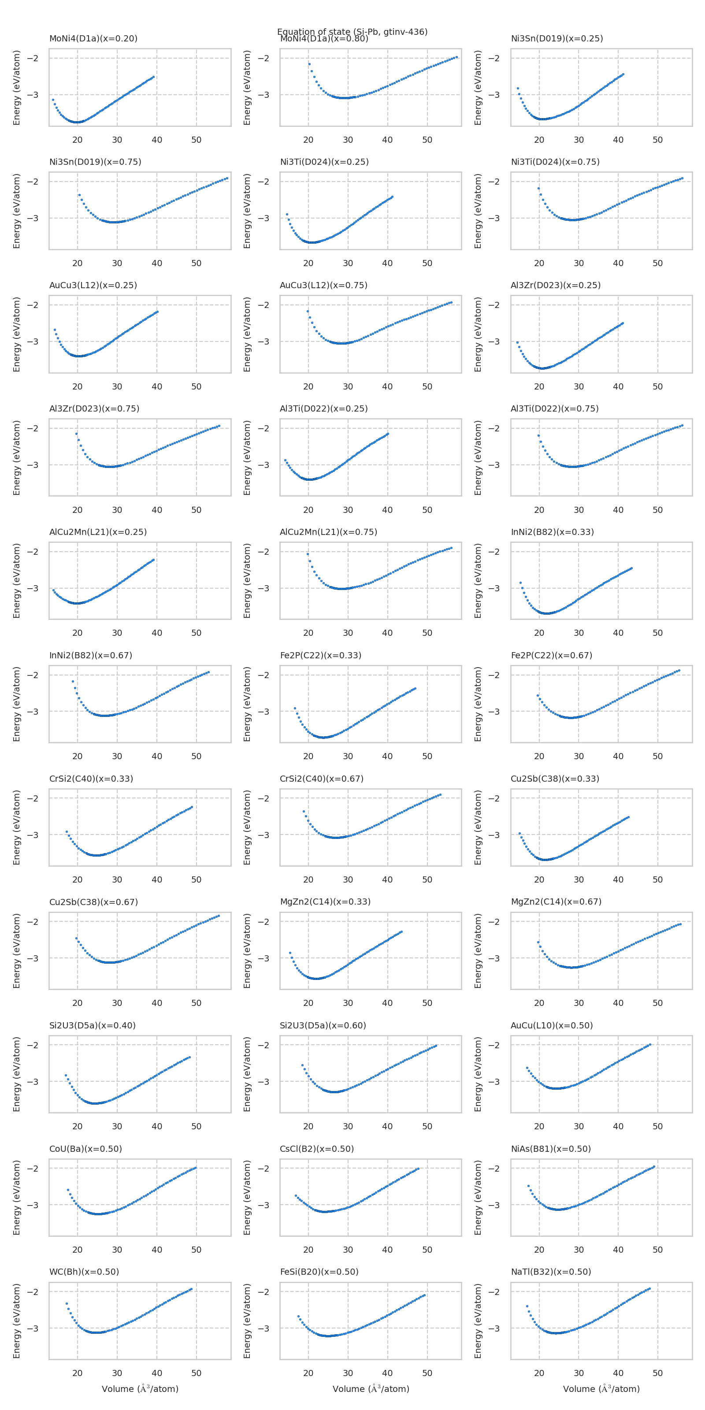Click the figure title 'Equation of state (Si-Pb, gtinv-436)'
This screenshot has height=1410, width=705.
coord(352,31)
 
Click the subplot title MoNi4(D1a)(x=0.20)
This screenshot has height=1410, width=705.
coord(93,38)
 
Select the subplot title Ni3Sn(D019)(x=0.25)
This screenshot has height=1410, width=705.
coord(557,38)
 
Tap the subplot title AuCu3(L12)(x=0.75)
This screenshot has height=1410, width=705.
coord(323,285)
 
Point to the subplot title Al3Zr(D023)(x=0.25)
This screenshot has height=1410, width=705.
coord(555,285)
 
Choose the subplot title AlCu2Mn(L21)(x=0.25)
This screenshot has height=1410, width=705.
coord(98,531)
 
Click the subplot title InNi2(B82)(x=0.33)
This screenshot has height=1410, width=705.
coord(552,531)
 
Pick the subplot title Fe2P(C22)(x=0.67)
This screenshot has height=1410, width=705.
coord(551,655)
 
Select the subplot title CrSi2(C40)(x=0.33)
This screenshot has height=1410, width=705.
coord(91,778)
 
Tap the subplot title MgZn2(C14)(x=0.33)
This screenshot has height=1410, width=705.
coord(325,902)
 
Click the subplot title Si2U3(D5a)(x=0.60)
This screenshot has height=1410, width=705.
coord(323,1025)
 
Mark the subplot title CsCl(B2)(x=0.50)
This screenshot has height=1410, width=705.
coord(316,1148)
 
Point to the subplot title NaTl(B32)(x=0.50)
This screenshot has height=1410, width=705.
coord(551,1272)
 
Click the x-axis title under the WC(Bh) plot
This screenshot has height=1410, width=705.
coord(140,1389)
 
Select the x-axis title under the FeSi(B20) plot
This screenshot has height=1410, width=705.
coord(371,1389)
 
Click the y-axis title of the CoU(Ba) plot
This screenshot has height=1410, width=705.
coord(16,1198)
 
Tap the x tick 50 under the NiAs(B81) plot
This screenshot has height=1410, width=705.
coord(657,1250)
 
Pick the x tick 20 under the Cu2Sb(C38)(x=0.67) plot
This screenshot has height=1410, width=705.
coord(77,1003)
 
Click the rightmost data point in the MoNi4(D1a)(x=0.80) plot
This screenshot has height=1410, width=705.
coord(456,57)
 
